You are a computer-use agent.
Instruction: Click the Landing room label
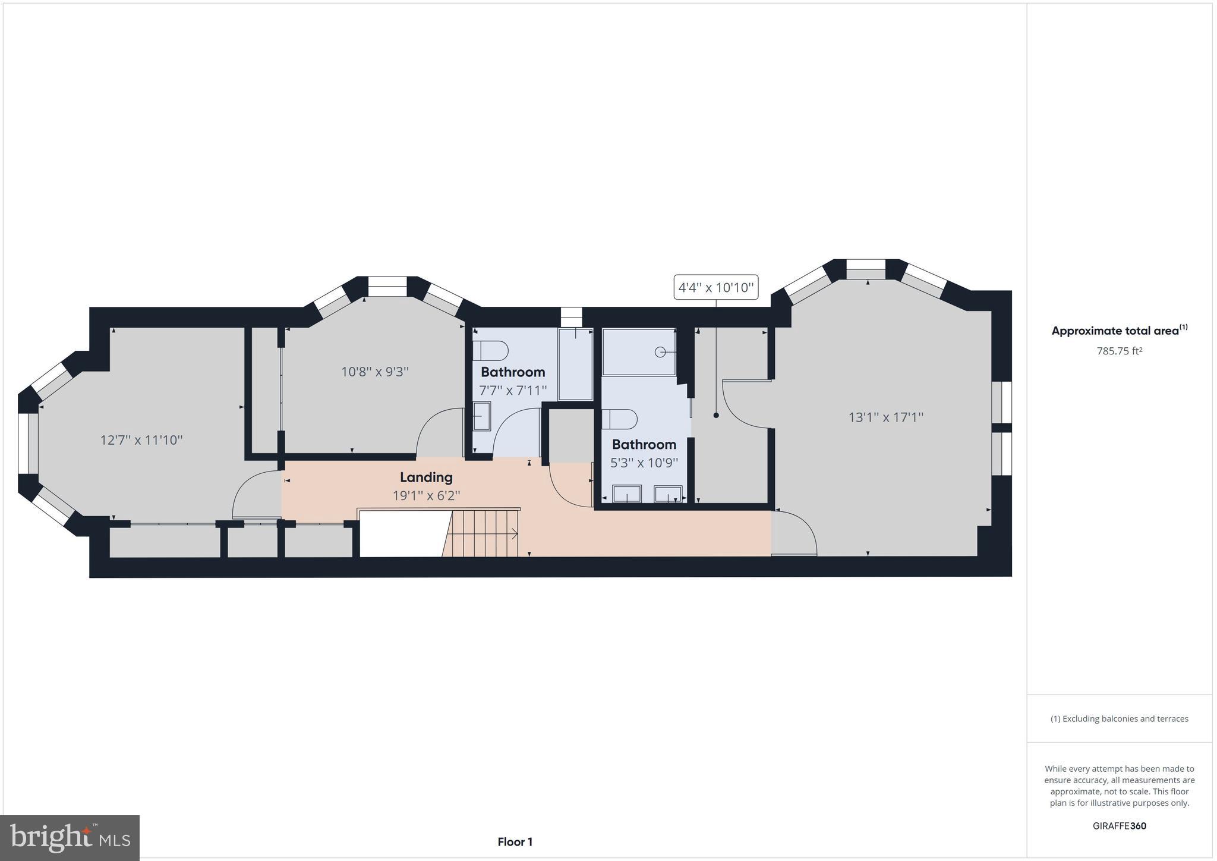click(x=426, y=477)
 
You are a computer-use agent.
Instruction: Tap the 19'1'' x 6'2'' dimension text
click(x=426, y=495)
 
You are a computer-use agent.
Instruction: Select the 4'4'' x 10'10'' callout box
click(x=715, y=288)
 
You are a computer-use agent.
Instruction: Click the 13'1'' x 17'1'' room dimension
click(x=885, y=417)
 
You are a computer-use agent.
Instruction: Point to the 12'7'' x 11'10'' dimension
click(x=141, y=440)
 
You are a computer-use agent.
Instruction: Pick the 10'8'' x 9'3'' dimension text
click(x=374, y=372)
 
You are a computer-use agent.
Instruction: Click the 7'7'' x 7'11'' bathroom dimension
click(x=513, y=391)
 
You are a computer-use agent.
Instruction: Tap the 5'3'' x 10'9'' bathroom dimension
click(x=644, y=463)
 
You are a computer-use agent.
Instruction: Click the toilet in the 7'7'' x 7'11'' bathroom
click(x=491, y=350)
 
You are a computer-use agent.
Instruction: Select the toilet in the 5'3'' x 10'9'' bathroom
click(x=619, y=419)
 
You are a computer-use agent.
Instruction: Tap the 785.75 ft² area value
click(x=1119, y=351)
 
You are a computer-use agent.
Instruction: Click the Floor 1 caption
click(x=515, y=841)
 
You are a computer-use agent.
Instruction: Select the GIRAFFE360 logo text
click(x=1119, y=826)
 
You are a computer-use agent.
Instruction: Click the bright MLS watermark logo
click(x=70, y=838)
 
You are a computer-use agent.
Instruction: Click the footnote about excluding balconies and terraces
click(x=1119, y=718)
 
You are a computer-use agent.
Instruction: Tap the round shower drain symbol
click(x=660, y=352)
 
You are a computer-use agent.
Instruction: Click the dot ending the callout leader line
click(x=716, y=416)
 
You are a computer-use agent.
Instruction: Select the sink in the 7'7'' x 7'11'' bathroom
click(x=481, y=416)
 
